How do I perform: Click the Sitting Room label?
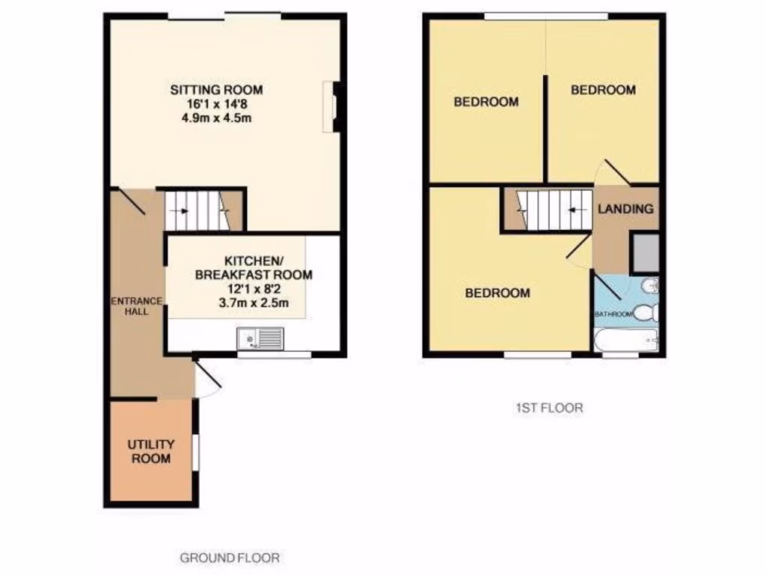(216, 90)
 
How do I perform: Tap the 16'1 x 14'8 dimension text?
(216, 104)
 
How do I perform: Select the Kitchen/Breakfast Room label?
(253, 268)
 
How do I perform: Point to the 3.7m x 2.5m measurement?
(253, 303)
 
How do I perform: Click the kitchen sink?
(260, 339)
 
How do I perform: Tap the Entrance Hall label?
(136, 305)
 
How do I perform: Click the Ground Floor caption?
(230, 558)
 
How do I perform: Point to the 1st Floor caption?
(549, 409)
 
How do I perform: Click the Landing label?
(625, 210)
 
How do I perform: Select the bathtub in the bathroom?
(625, 341)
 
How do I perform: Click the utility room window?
(196, 452)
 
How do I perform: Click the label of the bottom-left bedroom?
(497, 293)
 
